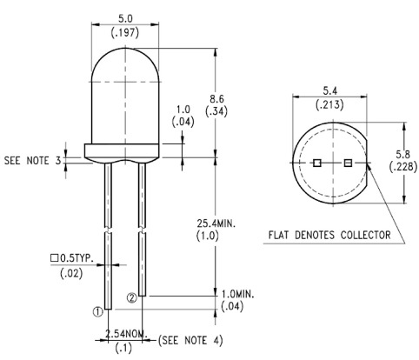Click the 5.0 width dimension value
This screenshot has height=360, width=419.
tap(125, 19)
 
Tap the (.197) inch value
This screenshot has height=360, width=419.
tap(125, 32)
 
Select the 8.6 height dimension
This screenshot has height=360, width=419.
tap(216, 99)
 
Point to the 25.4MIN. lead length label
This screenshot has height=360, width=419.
tap(216, 223)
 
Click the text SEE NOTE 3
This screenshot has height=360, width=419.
tap(33, 160)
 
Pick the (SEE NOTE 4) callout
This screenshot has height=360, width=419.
tap(190, 340)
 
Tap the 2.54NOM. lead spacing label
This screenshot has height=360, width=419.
tap(126, 334)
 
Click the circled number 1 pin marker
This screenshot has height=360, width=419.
tap(98, 312)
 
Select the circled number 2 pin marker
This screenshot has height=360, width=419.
tap(132, 298)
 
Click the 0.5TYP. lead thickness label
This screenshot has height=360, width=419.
tap(76, 258)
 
